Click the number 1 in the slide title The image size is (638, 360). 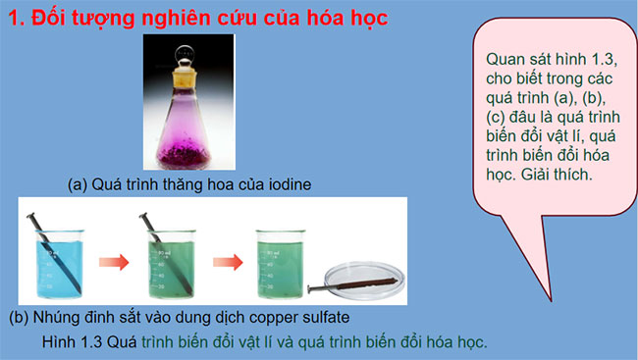pos(14,18)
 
